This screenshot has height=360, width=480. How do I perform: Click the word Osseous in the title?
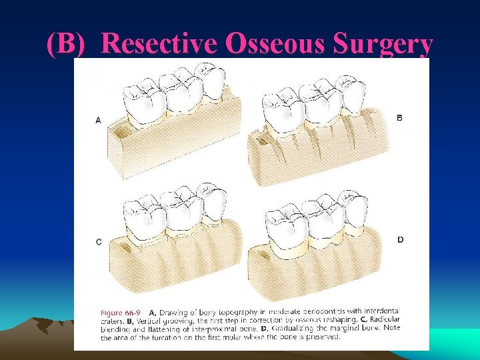pos(275,43)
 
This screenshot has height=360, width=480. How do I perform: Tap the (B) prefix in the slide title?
pos(71,43)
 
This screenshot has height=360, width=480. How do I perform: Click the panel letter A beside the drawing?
pos(99,121)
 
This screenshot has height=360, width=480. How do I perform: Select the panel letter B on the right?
pos(400,117)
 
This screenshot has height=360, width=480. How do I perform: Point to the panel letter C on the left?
pos(99,242)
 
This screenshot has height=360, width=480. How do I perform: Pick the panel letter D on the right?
pos(400,239)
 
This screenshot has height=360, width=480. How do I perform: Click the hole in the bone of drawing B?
pos(261,142)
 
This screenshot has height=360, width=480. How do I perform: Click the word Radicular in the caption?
pos(381,320)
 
